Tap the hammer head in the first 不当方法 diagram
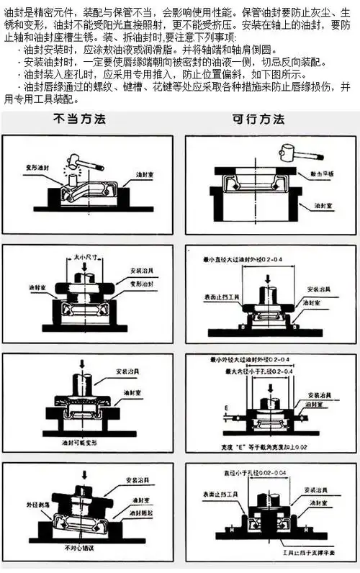pyautogui.click(x=75, y=160)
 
